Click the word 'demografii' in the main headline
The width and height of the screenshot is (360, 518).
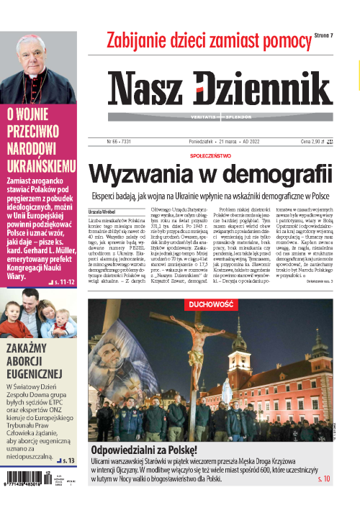[276, 175]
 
